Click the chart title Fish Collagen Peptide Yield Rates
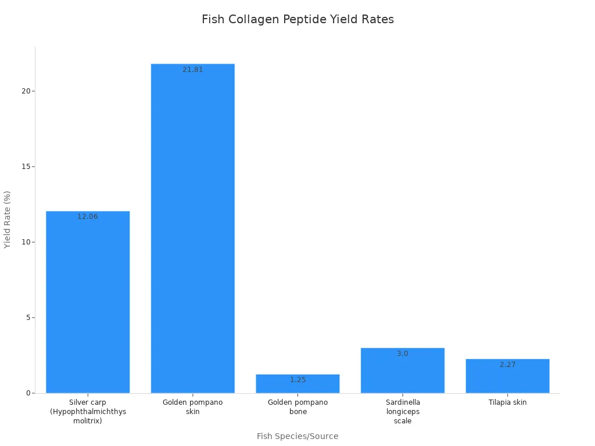[297, 19]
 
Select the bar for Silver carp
[88, 302]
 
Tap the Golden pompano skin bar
[193, 232]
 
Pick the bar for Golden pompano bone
[297, 384]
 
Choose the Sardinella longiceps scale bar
[403, 372]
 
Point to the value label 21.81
[193, 70]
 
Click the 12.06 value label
[88, 217]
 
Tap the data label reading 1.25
[297, 380]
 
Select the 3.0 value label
[403, 354]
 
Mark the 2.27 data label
[507, 365]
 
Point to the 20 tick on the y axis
[26, 91]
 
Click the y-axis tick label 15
[26, 167]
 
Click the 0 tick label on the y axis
[27, 393]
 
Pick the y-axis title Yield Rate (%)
[8, 220]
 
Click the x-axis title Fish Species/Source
[297, 436]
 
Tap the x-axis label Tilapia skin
[507, 402]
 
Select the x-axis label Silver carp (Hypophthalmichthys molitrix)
[88, 411]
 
